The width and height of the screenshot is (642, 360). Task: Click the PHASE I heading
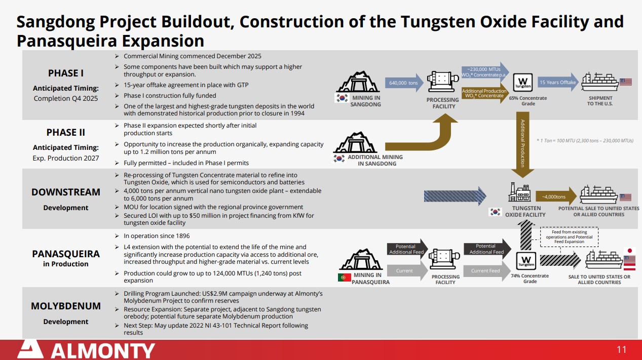tap(66, 73)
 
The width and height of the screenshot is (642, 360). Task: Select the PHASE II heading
tap(66, 133)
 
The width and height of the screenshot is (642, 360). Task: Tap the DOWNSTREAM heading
tap(66, 192)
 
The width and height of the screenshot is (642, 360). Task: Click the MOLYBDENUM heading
tap(66, 306)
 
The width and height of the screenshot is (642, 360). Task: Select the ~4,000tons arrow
tap(556, 196)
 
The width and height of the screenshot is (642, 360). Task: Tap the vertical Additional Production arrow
tap(523, 145)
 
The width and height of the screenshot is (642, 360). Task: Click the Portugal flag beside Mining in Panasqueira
tap(344, 277)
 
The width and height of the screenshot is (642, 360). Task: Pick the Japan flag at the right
tap(630, 251)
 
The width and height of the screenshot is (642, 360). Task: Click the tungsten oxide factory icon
tap(519, 192)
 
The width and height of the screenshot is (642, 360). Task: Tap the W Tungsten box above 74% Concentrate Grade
tap(526, 261)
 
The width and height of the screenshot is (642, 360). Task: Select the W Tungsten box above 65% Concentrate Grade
tap(523, 83)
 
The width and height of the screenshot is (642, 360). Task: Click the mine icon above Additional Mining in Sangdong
tap(355, 142)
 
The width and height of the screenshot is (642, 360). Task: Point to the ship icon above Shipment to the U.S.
tap(599, 82)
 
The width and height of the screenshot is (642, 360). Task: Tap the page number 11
tap(621, 350)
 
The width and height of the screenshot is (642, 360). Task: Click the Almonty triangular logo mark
tap(30, 349)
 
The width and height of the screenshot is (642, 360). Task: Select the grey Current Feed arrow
tap(487, 271)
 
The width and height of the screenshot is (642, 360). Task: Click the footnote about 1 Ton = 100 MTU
tap(585, 141)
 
